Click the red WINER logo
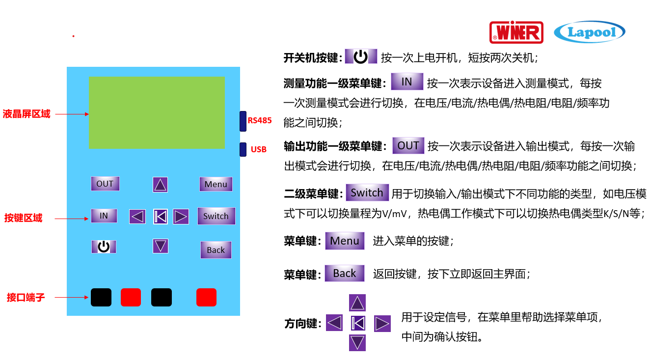click(x=516, y=32)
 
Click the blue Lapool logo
click(x=589, y=32)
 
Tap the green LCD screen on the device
click(x=157, y=112)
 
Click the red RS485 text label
click(x=259, y=120)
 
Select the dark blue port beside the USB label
click(x=243, y=149)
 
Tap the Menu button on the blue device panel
click(x=216, y=184)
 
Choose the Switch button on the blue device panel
click(x=216, y=216)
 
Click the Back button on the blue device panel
click(x=216, y=250)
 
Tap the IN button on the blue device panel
click(x=104, y=216)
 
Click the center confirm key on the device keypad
click(x=161, y=217)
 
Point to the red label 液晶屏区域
click(x=27, y=114)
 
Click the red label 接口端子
click(x=26, y=297)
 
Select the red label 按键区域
click(x=23, y=218)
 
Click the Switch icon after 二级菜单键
click(x=367, y=193)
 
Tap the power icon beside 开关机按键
click(x=361, y=56)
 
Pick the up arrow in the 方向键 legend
click(x=357, y=303)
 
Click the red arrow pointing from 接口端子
click(x=71, y=297)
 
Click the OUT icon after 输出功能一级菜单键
click(x=408, y=145)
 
